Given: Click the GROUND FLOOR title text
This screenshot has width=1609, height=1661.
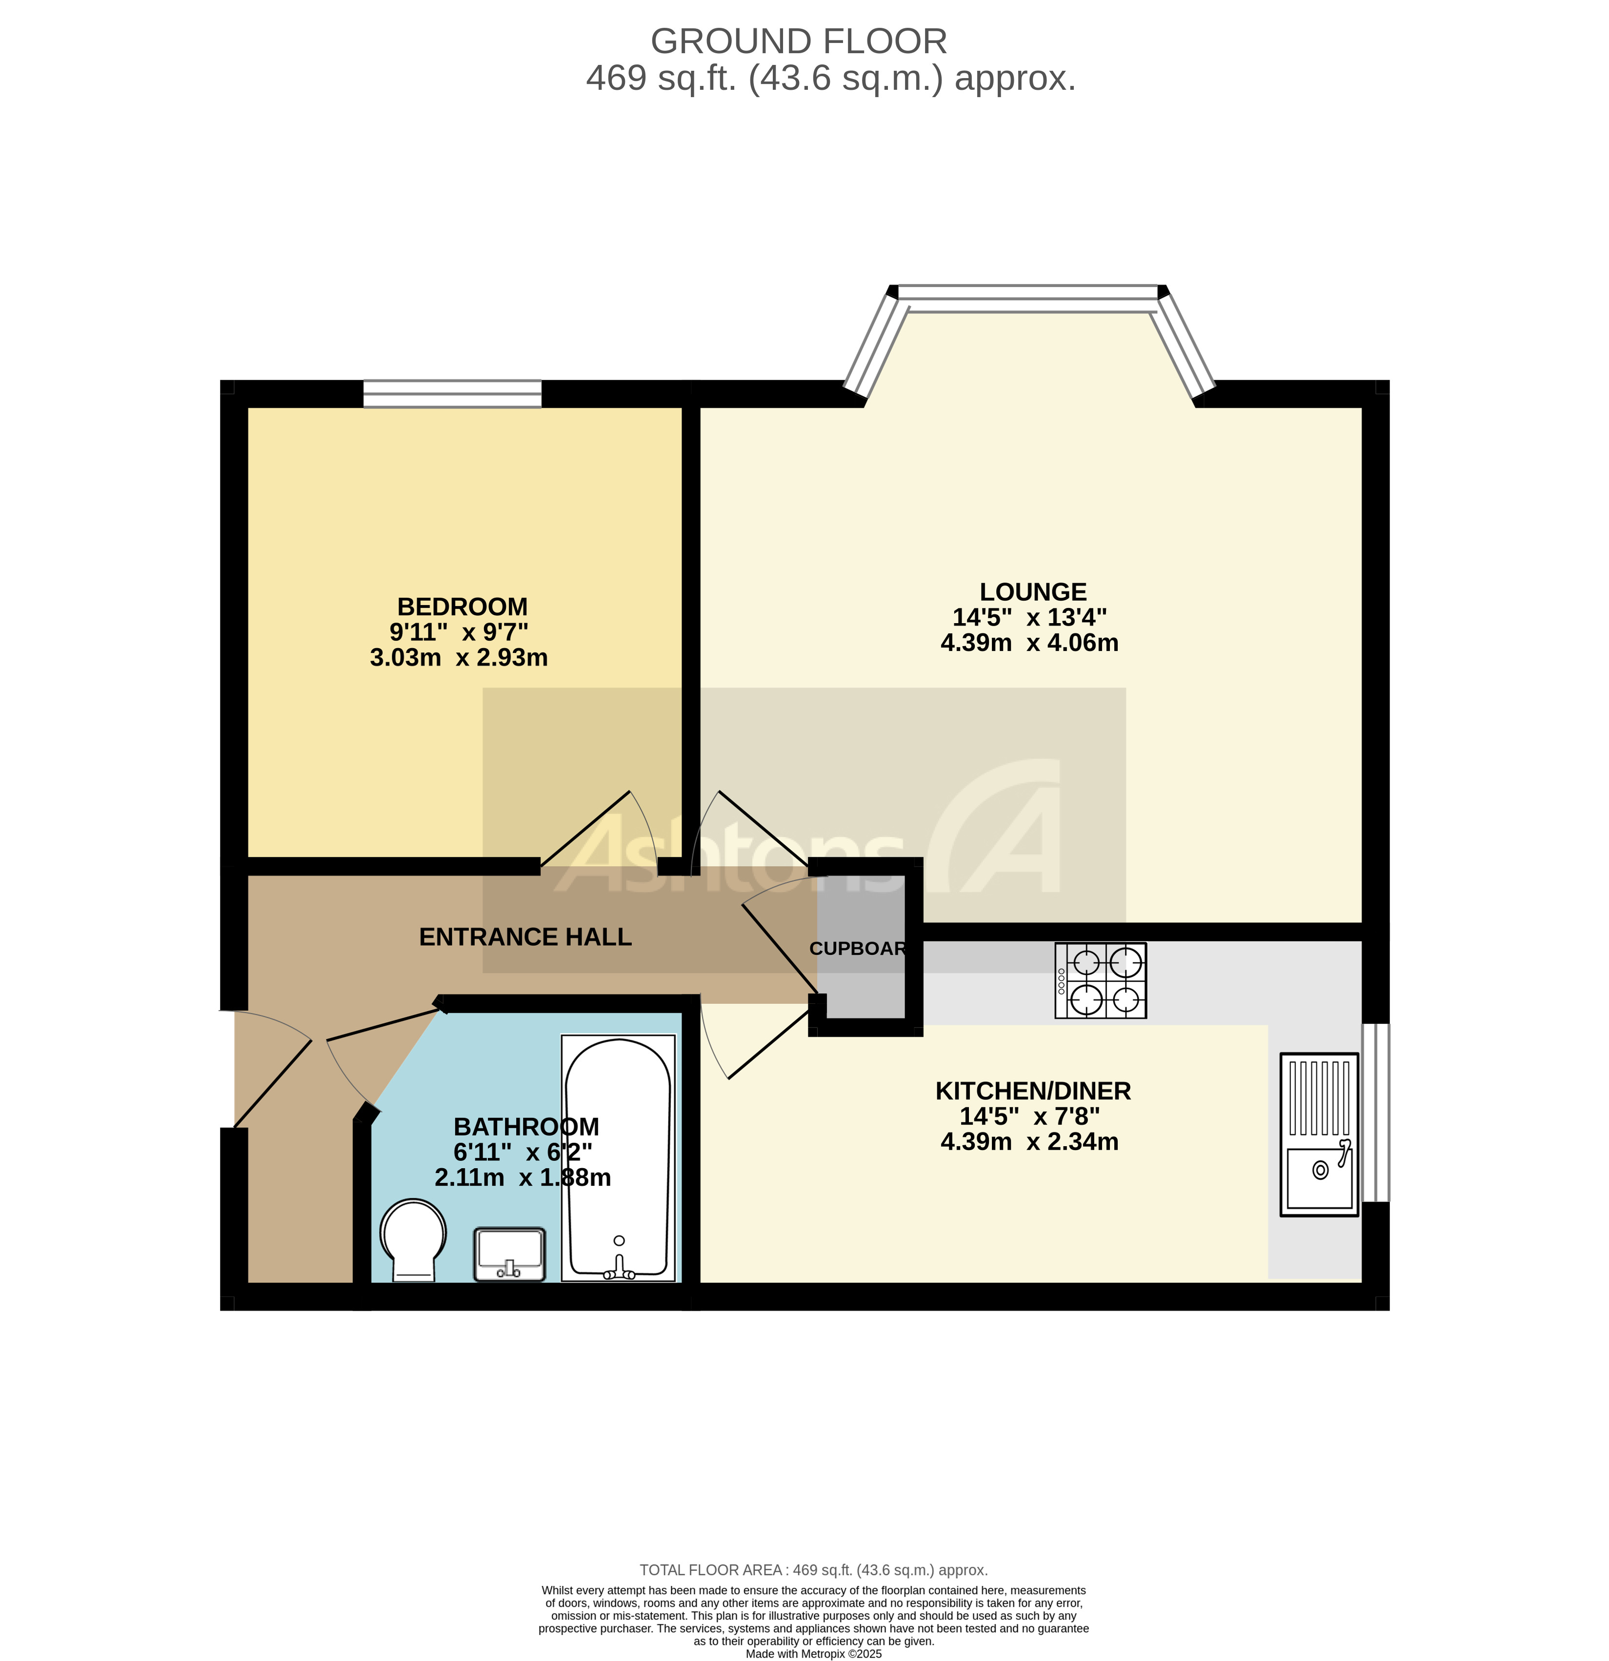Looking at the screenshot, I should point(798,41).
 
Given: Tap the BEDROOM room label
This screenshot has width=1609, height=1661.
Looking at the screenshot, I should point(462,607).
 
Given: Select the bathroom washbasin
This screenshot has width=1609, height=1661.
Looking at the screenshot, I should point(509,1254).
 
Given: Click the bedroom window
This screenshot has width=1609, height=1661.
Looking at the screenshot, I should point(452,394).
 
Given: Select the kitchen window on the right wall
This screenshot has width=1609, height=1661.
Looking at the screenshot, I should point(1375,1112).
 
